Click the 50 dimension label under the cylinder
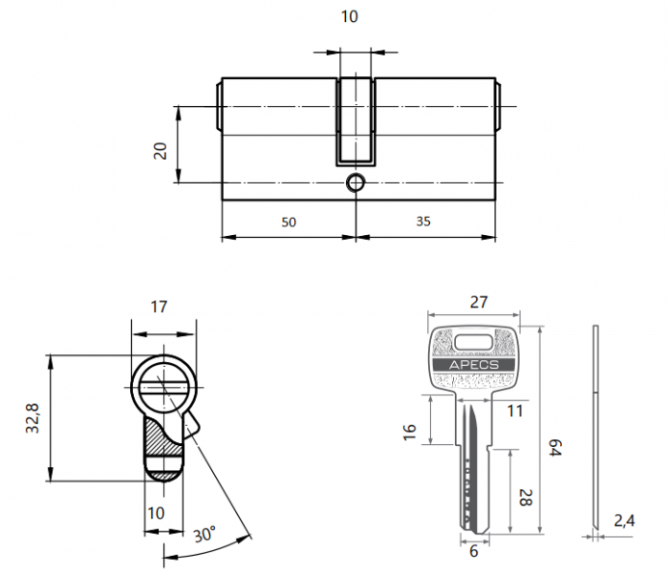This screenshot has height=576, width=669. click(289, 222)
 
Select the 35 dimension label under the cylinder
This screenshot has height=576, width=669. click(424, 222)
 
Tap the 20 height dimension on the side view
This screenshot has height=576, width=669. click(161, 150)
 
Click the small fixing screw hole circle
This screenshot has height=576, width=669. click(356, 182)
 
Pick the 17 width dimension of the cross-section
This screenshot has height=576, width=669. click(159, 307)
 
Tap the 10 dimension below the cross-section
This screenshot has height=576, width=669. click(157, 513)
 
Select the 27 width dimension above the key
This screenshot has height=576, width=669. click(479, 303)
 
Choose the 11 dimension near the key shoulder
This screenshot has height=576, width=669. click(516, 412)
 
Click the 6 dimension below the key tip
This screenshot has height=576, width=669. click(473, 552)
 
